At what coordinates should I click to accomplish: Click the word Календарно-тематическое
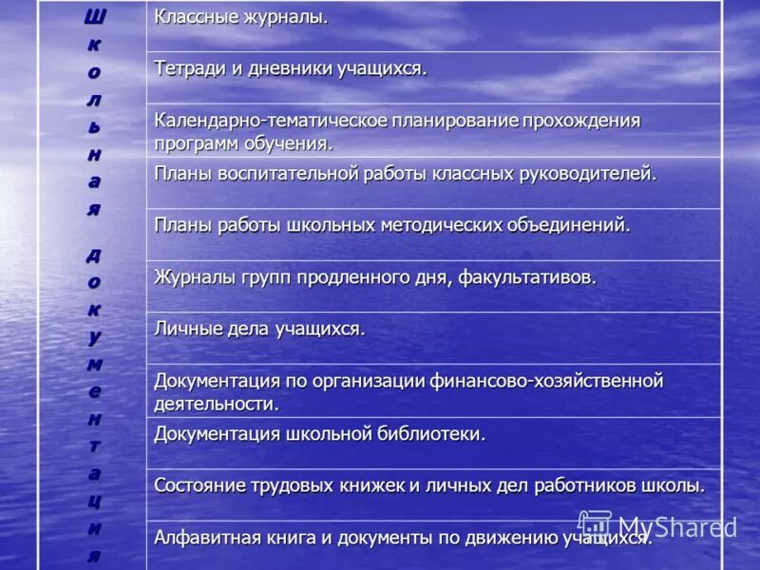[x=270, y=122]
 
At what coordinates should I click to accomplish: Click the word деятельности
[x=217, y=403]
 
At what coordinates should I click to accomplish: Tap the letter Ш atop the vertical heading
[x=94, y=16]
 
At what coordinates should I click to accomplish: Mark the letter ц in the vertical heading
[x=94, y=501]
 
